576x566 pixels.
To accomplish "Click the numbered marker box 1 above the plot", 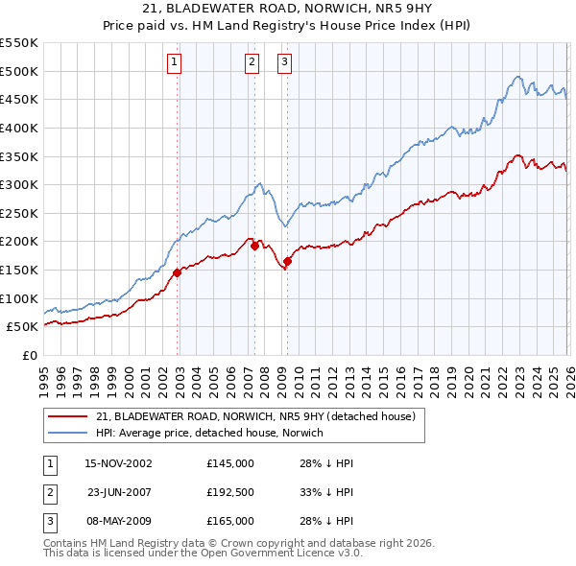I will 175,63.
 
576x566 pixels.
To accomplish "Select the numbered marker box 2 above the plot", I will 252,63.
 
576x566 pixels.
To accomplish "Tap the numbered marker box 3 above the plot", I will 285,63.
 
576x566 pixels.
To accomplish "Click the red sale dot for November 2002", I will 178,272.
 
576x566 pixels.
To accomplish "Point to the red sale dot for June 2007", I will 254,246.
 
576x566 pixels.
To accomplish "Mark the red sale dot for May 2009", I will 287,261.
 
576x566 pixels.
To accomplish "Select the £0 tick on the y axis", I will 29,355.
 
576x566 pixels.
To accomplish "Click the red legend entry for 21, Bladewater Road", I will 255,416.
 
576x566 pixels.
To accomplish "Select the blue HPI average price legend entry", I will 209,433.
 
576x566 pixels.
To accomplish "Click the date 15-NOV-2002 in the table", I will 118,463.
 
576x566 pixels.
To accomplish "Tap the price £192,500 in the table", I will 230,492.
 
